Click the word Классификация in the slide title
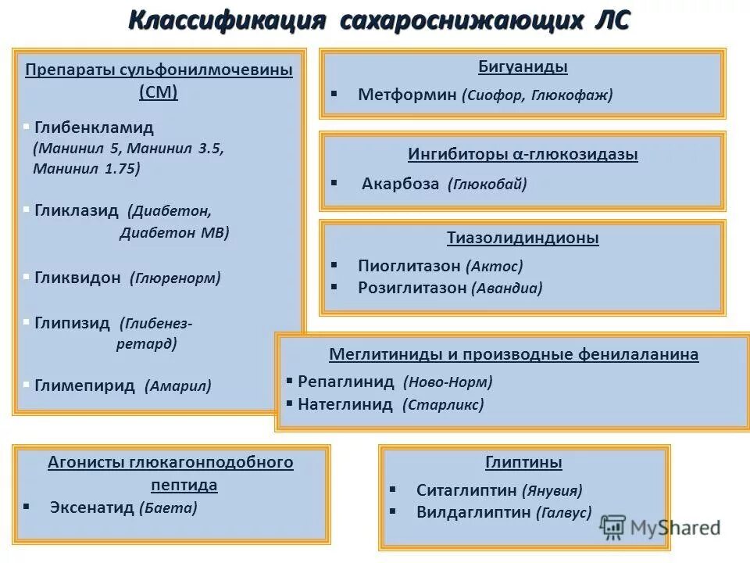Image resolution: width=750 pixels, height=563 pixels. tap(227, 20)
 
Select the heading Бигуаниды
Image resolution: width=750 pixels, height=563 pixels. tap(522, 67)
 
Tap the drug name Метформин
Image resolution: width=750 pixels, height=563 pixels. tap(406, 95)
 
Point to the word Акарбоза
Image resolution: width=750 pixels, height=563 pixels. tap(401, 184)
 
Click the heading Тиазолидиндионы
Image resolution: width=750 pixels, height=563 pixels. tap(523, 238)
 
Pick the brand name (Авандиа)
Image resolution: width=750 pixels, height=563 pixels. tap(506, 288)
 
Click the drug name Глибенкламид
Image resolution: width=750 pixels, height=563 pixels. tap(94, 127)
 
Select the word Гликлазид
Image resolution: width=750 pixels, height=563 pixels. tap(77, 211)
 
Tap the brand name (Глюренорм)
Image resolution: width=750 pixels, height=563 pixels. tap(175, 278)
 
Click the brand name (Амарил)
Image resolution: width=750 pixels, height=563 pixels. tap(177, 385)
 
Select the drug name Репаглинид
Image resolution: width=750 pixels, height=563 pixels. tap(346, 382)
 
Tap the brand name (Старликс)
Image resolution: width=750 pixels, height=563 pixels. tap(443, 405)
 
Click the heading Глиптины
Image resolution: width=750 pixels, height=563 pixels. tap(523, 462)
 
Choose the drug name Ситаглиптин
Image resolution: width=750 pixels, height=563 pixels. tap(467, 490)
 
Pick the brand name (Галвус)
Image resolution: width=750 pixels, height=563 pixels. tap(564, 512)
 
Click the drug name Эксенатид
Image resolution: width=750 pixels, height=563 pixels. tap(91, 507)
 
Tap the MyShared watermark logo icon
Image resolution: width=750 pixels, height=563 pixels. tap(614, 527)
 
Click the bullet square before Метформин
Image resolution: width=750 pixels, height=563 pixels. tap(334, 94)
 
